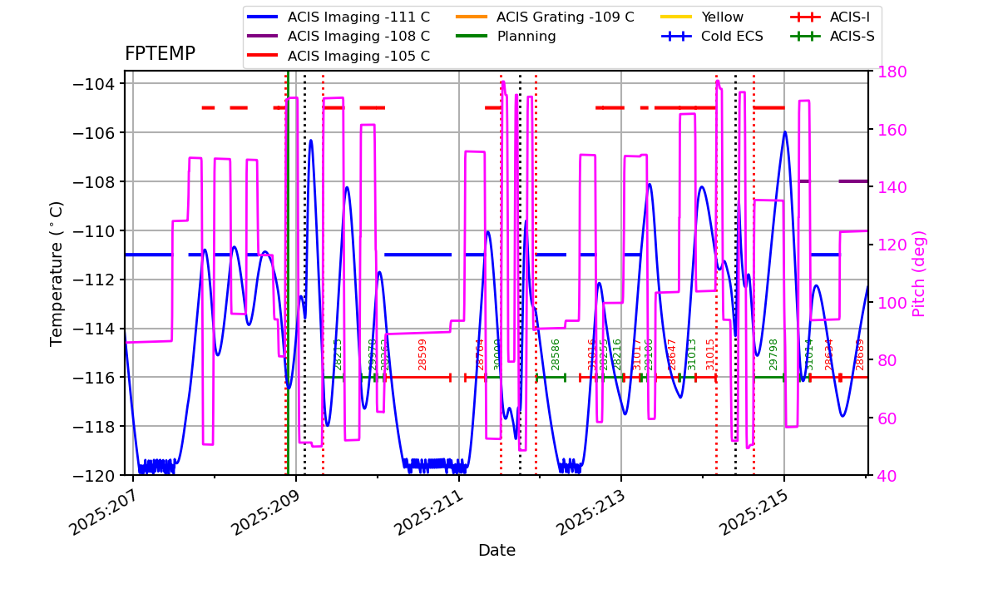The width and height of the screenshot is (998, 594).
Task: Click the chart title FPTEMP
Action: coord(160,54)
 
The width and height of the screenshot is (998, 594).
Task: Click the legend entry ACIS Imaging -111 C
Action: coord(358,17)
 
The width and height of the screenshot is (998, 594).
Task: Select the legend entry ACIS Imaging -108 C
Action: coord(358,37)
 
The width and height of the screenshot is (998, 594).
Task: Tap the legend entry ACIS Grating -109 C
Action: coord(565,17)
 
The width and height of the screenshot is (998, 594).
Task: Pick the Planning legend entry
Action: coord(526,37)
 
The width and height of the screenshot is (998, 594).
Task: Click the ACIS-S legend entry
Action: coord(852,37)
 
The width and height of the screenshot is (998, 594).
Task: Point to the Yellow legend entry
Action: coord(722,17)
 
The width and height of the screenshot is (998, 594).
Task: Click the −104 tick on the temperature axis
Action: coord(93,84)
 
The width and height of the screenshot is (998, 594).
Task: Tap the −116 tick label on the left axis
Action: coord(93,378)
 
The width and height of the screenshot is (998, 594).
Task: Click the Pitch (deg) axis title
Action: coord(919,274)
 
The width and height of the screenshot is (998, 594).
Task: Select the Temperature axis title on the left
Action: coord(57,274)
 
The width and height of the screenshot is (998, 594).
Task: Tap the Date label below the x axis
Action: coord(497,551)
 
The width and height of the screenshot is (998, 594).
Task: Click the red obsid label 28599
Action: coord(422,354)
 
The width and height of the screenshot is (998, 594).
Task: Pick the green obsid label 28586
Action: coord(556,354)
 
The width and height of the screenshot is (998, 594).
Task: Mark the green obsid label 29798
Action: coord(773,354)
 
